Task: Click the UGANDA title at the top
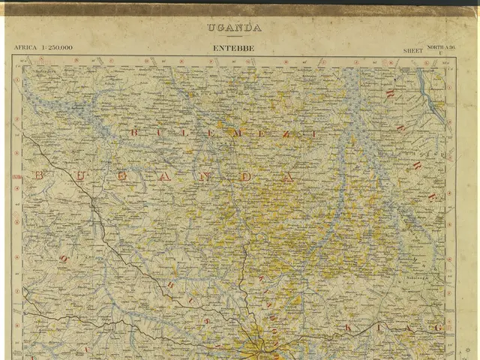tap(235, 28)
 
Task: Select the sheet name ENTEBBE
tap(233, 48)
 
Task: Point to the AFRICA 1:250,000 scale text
tap(43, 48)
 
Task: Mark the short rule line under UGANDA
tap(235, 36)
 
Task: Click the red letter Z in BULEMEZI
tap(290, 133)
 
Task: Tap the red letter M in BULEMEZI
tap(239, 133)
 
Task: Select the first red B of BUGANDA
tap(40, 175)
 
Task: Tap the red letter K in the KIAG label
tap(347, 328)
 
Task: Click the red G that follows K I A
tap(438, 328)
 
